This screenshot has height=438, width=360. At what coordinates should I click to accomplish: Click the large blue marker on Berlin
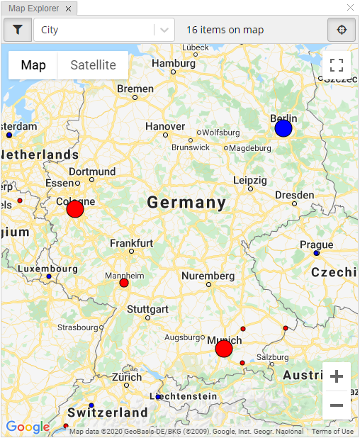click(283, 128)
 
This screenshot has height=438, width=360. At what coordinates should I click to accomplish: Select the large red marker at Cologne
click(75, 209)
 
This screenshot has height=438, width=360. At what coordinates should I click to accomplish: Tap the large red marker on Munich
click(224, 349)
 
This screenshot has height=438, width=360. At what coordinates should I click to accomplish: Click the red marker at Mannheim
click(124, 283)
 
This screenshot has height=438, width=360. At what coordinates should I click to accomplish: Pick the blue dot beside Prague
click(317, 253)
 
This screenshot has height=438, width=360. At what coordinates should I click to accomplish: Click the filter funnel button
click(18, 30)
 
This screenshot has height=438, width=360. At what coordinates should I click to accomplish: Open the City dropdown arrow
click(164, 30)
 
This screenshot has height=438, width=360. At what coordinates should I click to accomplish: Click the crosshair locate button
click(342, 30)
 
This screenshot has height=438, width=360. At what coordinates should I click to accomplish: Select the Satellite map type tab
click(93, 65)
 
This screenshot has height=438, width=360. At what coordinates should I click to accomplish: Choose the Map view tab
click(33, 65)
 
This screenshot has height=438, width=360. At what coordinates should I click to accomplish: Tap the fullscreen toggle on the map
click(337, 65)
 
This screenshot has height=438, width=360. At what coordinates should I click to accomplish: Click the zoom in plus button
click(337, 376)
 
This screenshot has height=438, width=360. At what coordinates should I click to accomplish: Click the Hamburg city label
click(173, 63)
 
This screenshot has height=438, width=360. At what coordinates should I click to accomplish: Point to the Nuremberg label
click(208, 276)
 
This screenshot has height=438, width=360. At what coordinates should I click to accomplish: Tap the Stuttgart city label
click(147, 309)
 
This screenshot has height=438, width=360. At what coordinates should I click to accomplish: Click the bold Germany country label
click(186, 203)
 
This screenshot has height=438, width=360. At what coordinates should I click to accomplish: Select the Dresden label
click(294, 195)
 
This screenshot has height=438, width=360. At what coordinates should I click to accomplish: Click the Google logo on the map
click(28, 427)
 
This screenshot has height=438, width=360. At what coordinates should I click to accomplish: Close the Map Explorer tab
click(67, 9)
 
